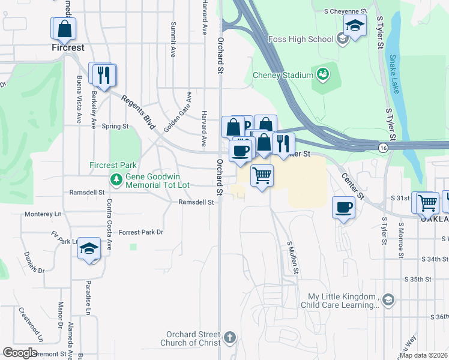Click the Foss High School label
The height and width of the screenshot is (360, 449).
[303, 40]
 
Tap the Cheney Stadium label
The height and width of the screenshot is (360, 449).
[283, 75]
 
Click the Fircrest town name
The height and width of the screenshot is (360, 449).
[67, 47]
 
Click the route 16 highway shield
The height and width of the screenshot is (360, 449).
[382, 148]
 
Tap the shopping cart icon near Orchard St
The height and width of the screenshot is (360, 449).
[262, 176]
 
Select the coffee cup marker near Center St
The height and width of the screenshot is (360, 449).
[343, 208]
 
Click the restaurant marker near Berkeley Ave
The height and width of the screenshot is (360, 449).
[103, 74]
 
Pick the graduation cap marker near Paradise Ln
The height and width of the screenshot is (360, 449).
[89, 248]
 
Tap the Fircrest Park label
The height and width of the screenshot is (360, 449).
[113, 165]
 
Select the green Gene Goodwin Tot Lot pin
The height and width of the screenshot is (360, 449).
[116, 178]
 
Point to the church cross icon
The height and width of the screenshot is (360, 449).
[229, 338]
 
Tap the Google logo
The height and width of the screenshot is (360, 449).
[20, 353]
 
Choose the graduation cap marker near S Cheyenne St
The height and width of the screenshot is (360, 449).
[355, 25]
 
